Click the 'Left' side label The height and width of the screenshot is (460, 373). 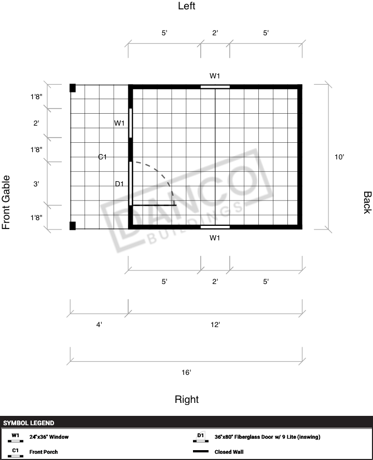tap(187, 6)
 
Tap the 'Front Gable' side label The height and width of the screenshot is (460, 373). tap(6, 202)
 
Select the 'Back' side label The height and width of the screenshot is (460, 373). tap(367, 202)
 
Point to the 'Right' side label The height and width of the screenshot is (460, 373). tap(187, 400)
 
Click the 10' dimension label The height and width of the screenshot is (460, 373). tap(339, 157)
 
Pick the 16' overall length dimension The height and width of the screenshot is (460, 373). tap(186, 372)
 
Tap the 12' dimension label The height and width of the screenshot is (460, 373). tap(215, 324)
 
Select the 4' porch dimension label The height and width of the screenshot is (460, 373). tap(99, 324)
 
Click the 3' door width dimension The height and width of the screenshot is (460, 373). tap(36, 184)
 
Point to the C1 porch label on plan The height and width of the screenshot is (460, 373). tap(102, 157)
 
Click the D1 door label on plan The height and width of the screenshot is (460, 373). tap(119, 184)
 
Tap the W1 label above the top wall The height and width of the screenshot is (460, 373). tap(215, 76)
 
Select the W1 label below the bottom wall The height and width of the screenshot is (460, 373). tap(215, 238)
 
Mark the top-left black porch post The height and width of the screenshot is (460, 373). tap(73, 88)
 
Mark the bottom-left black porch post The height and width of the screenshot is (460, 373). tap(73, 226)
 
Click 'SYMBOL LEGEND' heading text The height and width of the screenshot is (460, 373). tap(29, 423)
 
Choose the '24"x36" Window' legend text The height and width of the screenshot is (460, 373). tap(49, 437)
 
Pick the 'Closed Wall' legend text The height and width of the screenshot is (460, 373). tap(229, 452)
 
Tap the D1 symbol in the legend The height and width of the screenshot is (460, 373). tap(201, 437)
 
